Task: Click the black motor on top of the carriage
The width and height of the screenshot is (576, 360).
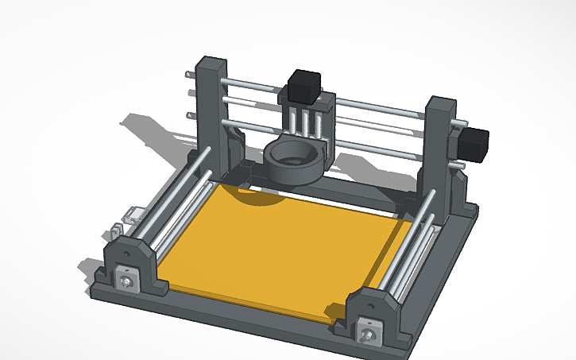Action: (x=303, y=86)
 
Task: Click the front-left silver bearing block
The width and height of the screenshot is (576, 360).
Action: (x=126, y=280)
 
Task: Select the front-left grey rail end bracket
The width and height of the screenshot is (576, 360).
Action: (x=127, y=266)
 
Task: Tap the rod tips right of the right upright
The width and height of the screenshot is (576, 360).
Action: (x=460, y=143)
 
